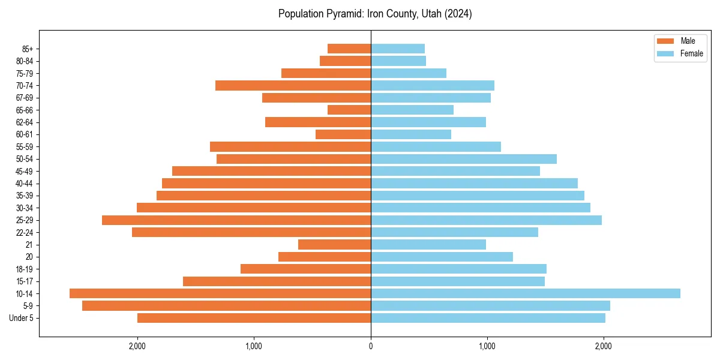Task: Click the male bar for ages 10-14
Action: pos(220,293)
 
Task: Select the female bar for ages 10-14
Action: pos(525,293)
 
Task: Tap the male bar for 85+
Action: pos(349,49)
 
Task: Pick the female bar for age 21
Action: pos(428,245)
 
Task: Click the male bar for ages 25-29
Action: pos(236,220)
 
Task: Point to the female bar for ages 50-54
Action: pos(463,159)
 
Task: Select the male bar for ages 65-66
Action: pos(349,110)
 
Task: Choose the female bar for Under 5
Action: pos(488,318)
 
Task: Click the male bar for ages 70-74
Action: pos(293,86)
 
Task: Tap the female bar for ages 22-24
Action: pos(454,232)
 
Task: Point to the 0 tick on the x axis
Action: pos(371,346)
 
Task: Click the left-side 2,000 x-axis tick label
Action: pos(137,346)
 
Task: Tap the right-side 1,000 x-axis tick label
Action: pos(487,346)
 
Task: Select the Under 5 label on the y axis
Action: pos(22,318)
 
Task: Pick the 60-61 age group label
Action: pos(25,134)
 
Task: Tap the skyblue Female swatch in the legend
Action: pos(665,53)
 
